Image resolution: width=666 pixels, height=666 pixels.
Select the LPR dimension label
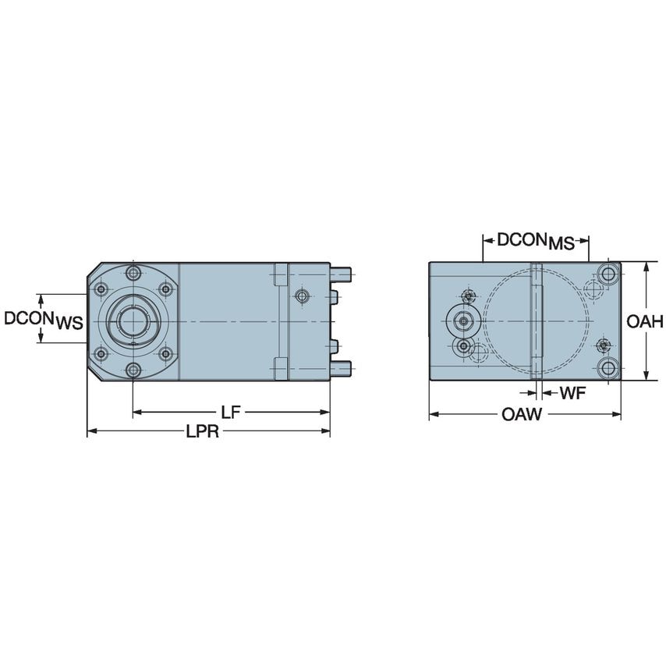(x=203, y=431)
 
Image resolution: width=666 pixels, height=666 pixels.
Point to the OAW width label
(x=522, y=415)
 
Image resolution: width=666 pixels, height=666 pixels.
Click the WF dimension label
(x=572, y=394)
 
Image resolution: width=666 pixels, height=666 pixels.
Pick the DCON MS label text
(x=535, y=241)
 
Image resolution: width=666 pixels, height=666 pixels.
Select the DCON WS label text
(x=44, y=320)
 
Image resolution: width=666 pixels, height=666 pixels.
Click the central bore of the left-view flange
(x=133, y=320)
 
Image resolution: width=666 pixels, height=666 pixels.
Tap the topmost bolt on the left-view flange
(x=133, y=273)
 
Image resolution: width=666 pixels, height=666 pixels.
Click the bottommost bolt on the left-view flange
(x=133, y=369)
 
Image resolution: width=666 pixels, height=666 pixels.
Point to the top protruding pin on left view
(x=342, y=274)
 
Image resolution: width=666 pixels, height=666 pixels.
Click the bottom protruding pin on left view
(x=342, y=367)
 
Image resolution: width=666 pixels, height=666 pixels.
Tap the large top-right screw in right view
(x=608, y=273)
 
